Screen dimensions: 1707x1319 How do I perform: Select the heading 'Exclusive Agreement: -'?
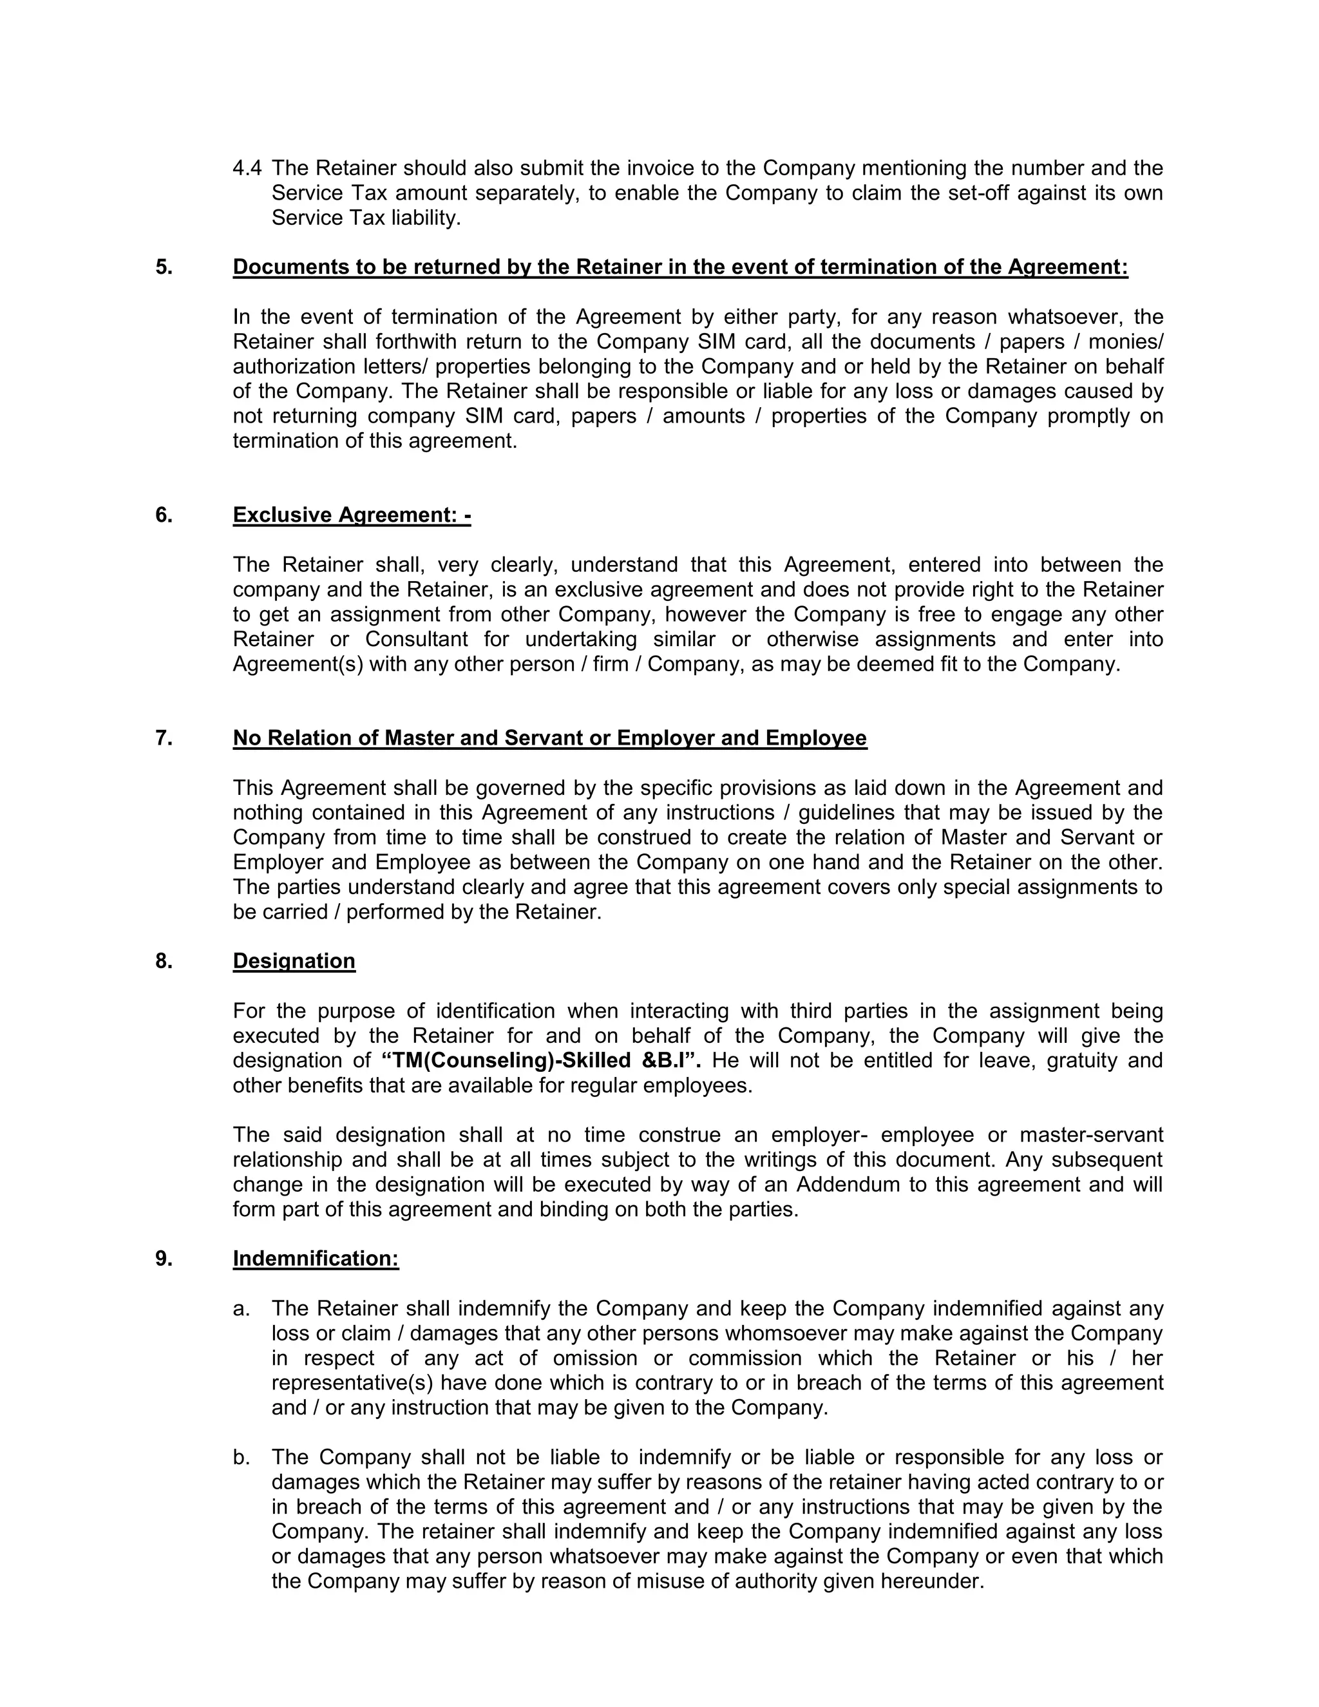352,515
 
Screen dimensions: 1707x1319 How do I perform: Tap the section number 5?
164,267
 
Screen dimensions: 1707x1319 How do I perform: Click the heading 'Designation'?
294,960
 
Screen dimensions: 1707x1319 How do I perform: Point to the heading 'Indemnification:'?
316,1259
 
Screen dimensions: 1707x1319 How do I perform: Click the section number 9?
164,1259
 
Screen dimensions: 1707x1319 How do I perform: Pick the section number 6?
164,515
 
